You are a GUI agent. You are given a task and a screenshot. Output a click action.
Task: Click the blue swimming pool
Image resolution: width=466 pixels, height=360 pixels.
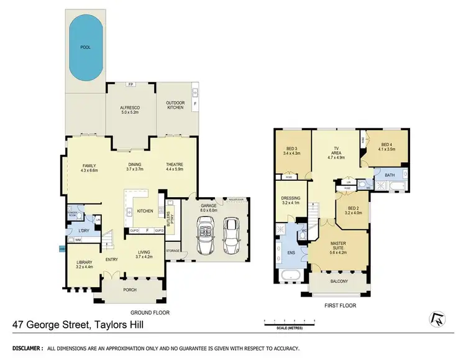(85, 48)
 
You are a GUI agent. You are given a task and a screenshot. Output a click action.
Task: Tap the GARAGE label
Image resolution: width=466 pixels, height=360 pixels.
(208, 207)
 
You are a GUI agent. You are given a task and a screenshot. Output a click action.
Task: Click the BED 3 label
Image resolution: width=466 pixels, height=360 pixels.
(291, 150)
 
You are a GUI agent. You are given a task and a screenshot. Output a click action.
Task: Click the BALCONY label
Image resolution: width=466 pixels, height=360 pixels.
(339, 282)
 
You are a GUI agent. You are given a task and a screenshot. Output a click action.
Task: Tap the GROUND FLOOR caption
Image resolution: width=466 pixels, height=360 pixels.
(150, 313)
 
